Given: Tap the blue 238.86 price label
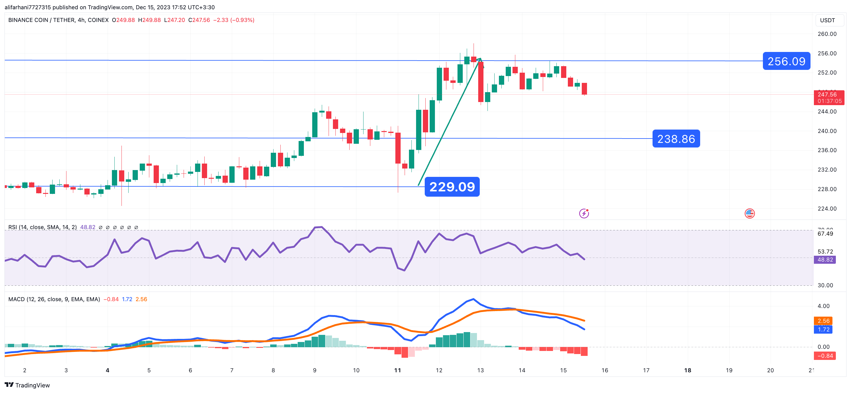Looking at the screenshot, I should (676, 139).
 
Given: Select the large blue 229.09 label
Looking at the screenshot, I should (452, 187).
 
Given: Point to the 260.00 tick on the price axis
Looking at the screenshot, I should (827, 34).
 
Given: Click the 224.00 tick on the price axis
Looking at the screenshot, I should (827, 209).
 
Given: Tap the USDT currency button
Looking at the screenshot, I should (827, 20).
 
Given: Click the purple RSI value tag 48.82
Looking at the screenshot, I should (825, 260).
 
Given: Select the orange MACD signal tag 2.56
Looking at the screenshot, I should (823, 321).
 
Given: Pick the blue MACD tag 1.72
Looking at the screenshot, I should (823, 330).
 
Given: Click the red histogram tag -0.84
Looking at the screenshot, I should (825, 356).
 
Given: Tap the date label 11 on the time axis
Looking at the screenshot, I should (398, 370).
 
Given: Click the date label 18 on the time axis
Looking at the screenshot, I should (687, 370).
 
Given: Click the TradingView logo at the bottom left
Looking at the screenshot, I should (27, 385).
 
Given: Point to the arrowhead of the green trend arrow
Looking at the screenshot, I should (480, 59).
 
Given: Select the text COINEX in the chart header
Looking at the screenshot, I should (98, 20).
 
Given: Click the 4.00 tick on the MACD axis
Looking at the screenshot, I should (823, 306).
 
